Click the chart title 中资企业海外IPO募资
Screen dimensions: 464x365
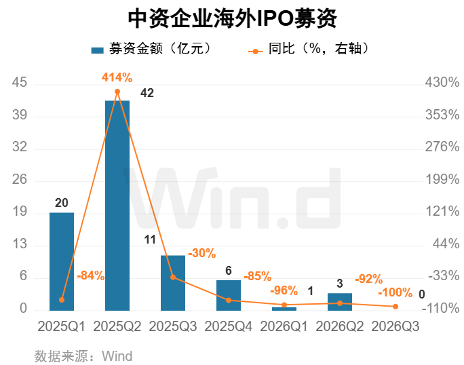pos(232,18)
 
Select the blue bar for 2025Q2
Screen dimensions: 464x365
pos(117,206)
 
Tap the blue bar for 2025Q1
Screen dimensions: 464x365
pos(62,261)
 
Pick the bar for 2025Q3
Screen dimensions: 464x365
pos(173,283)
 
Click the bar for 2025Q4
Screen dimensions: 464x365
pos(229,295)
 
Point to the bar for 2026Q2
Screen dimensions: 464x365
pos(340,302)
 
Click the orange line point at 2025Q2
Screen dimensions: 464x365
pos(117,92)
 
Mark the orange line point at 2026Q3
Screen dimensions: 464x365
pos(395,307)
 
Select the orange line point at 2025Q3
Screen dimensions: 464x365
pos(173,277)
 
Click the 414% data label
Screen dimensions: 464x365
pos(117,77)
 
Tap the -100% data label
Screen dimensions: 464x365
pos(395,292)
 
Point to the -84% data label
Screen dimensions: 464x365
pos(90,275)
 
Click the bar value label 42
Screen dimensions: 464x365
pos(147,93)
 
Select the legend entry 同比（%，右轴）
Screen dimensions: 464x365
pos(309,49)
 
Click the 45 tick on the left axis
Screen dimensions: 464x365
pos(20,82)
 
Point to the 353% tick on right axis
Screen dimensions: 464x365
pos(442,115)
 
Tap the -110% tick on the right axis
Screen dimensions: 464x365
pos(440,308)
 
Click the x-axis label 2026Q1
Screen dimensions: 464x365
pos(284,326)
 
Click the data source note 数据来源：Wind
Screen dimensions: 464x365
pos(83,356)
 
